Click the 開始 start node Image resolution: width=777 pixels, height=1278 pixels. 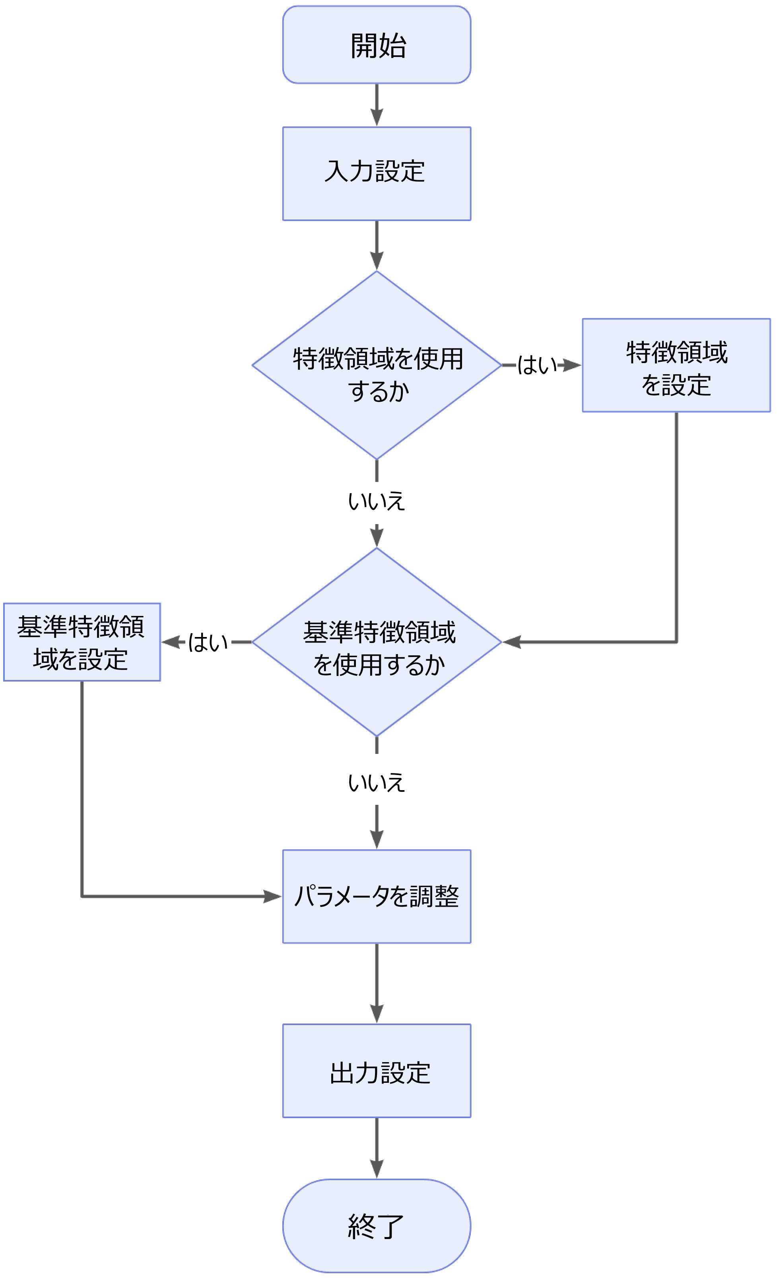(x=376, y=45)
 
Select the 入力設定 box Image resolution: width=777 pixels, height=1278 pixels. (x=376, y=173)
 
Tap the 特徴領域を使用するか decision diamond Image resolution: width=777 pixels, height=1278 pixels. (x=377, y=365)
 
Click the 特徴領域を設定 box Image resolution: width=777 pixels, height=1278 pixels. (x=676, y=365)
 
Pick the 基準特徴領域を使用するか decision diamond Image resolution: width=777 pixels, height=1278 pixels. (x=377, y=642)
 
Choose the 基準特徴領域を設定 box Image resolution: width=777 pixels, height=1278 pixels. (x=82, y=642)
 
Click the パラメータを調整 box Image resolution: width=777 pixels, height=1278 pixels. (x=376, y=896)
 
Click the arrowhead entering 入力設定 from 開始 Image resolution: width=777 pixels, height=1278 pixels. (x=377, y=118)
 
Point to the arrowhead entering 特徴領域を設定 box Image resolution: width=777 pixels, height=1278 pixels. (x=573, y=365)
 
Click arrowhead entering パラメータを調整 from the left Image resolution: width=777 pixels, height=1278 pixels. (x=273, y=896)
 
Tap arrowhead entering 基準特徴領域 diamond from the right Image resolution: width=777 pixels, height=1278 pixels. (x=511, y=642)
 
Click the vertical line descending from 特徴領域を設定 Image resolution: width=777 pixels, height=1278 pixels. (x=676, y=524)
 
